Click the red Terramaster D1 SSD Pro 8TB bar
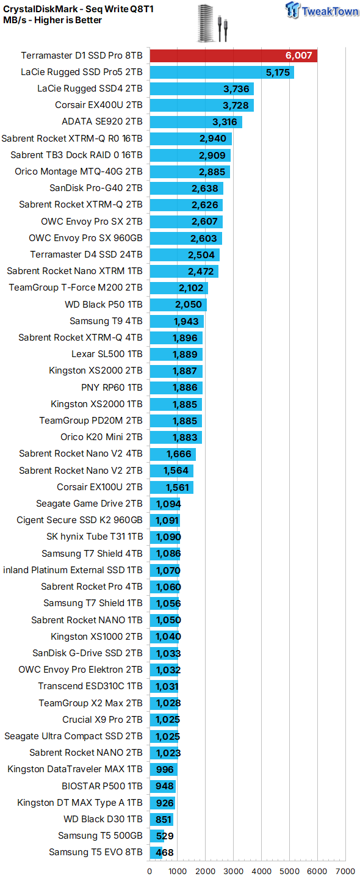click(x=233, y=56)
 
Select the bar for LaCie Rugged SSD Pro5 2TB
click(x=221, y=72)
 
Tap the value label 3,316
click(x=225, y=122)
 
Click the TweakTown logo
click(x=322, y=10)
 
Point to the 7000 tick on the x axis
click(x=345, y=871)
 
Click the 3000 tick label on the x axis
click(x=233, y=871)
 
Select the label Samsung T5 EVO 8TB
click(x=96, y=852)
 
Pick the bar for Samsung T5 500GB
click(x=157, y=836)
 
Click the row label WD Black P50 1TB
click(x=104, y=305)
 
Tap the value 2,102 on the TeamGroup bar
click(x=191, y=288)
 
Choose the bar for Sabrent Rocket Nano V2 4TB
click(x=173, y=454)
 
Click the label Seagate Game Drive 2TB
click(x=90, y=504)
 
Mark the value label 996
click(x=165, y=770)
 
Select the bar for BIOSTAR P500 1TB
click(x=163, y=786)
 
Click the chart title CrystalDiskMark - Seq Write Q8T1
click(x=79, y=9)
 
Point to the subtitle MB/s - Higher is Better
click(x=52, y=20)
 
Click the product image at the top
click(x=212, y=23)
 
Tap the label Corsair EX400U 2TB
click(x=99, y=105)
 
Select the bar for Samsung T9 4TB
click(x=176, y=321)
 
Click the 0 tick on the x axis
click(x=149, y=871)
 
